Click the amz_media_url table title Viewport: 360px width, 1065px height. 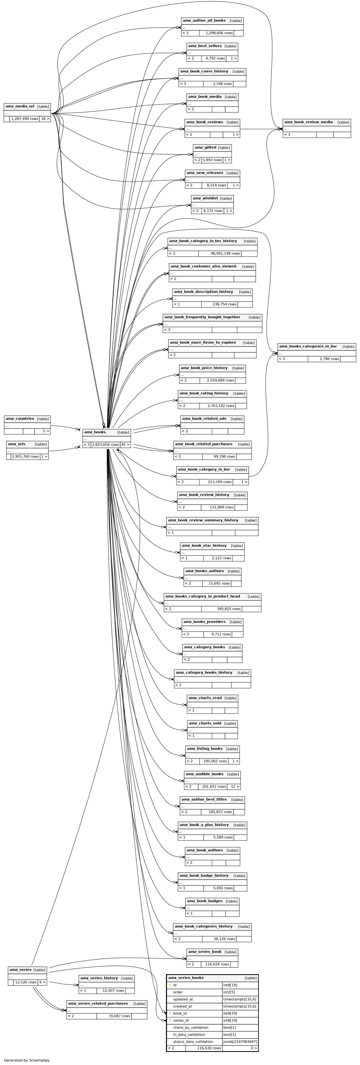tap(20, 106)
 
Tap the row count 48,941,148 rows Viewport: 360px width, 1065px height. tap(225, 254)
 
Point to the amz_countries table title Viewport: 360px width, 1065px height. tap(20, 418)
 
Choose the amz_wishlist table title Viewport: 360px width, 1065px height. tap(205, 198)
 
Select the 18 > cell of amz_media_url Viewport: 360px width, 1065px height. tap(45, 119)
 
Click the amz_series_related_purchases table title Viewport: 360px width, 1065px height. tap(98, 1003)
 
